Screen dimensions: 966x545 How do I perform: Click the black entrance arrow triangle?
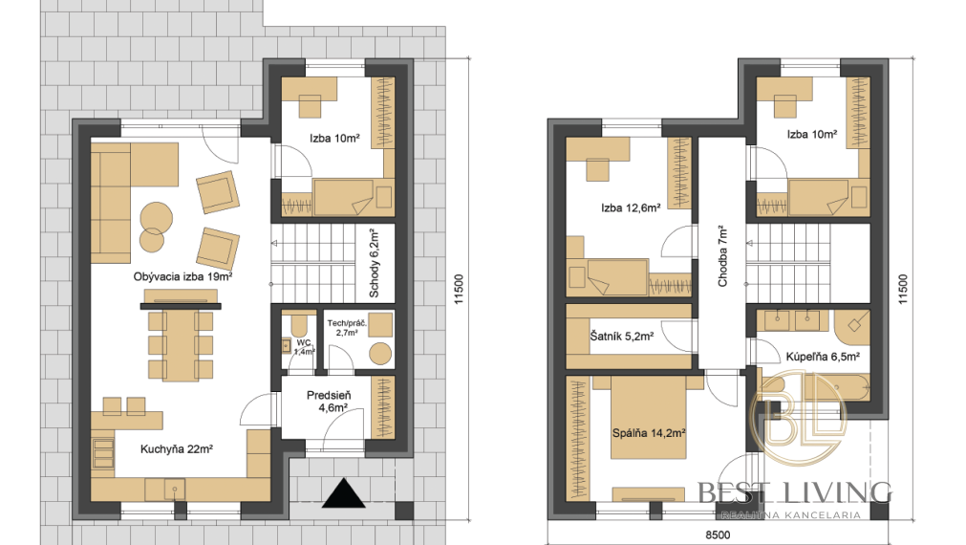pyautogui.click(x=344, y=493)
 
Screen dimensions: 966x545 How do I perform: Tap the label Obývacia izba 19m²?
pyautogui.click(x=182, y=277)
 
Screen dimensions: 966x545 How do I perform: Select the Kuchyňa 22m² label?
pyautogui.click(x=177, y=448)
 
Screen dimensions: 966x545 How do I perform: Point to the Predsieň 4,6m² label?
pyautogui.click(x=329, y=401)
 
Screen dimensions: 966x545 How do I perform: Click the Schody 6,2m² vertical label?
pyautogui.click(x=374, y=263)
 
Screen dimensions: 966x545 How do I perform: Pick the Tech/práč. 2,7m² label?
pyautogui.click(x=347, y=327)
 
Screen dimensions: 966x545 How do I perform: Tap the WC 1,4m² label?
pyautogui.click(x=305, y=347)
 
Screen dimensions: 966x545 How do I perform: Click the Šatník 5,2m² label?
pyautogui.click(x=622, y=337)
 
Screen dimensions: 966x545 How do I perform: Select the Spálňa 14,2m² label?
pyautogui.click(x=649, y=433)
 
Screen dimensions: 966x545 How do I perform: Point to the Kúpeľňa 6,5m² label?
pyautogui.click(x=823, y=357)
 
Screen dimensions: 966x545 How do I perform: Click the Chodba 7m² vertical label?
pyautogui.click(x=722, y=256)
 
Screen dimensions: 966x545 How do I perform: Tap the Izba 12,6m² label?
pyautogui.click(x=631, y=207)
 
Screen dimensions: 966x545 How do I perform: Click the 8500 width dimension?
pyautogui.click(x=718, y=535)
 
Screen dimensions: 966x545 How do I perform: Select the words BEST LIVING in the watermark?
pyautogui.click(x=795, y=492)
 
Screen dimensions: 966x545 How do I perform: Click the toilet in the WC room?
pyautogui.click(x=300, y=325)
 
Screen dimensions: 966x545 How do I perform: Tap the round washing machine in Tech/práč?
pyautogui.click(x=380, y=354)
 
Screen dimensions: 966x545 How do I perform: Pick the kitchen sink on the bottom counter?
pyautogui.click(x=175, y=490)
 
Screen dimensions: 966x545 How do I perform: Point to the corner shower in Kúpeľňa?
pyautogui.click(x=852, y=324)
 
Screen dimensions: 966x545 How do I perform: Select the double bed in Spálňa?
pyautogui.click(x=649, y=418)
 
